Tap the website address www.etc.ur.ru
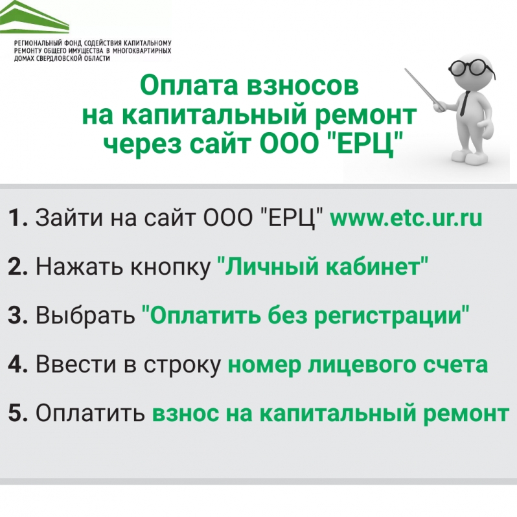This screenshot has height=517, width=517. pyautogui.click(x=406, y=218)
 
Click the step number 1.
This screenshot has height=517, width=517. pyautogui.click(x=17, y=218)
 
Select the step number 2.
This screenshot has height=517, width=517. pyautogui.click(x=17, y=266)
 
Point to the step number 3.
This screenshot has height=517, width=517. pyautogui.click(x=17, y=315)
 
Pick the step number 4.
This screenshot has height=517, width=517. pyautogui.click(x=17, y=364)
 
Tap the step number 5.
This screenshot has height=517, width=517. pyautogui.click(x=17, y=413)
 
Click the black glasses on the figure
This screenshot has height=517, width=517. pyautogui.click(x=472, y=67)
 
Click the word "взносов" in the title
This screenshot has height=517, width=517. pyautogui.click(x=303, y=86)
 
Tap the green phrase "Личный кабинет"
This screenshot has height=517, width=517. pyautogui.click(x=323, y=266)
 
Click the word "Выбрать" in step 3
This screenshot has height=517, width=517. pyautogui.click(x=86, y=315)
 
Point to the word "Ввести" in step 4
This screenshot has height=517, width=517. pyautogui.click(x=76, y=364)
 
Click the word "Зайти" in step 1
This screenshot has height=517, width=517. pyautogui.click(x=69, y=218)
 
